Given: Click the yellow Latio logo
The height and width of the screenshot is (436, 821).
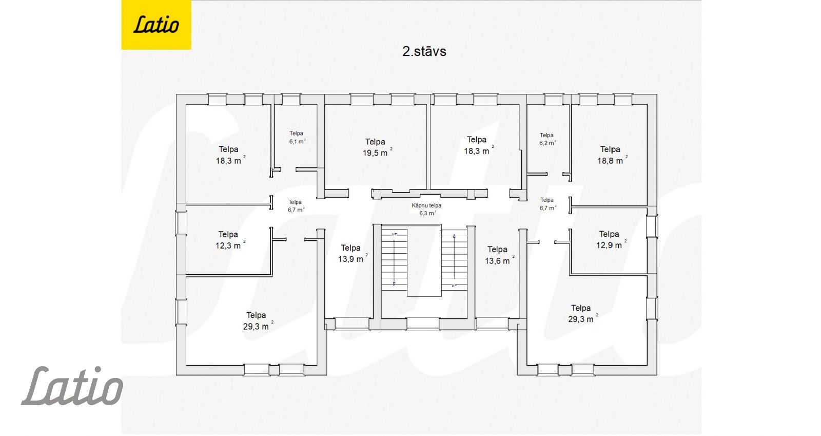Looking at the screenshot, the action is [156, 25].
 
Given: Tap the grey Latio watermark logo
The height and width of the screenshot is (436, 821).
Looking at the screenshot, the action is [72, 386].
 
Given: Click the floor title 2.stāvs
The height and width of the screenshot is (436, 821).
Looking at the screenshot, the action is [424, 51].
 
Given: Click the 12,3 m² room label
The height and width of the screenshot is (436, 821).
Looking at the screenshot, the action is [230, 240].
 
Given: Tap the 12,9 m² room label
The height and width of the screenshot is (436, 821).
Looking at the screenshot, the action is [611, 239].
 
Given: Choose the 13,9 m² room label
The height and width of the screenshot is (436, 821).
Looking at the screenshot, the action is [353, 253].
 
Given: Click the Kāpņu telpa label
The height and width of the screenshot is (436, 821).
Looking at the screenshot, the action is [426, 205].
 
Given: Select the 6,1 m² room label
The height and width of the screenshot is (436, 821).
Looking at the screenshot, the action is [297, 138].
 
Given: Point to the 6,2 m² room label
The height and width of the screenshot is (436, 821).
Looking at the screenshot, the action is [548, 139].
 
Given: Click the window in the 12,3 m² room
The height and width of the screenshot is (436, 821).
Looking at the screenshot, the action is [181, 222].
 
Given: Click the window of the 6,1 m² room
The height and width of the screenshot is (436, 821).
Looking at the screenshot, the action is [291, 100].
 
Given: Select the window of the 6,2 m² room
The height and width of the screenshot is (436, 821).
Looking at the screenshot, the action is [554, 100].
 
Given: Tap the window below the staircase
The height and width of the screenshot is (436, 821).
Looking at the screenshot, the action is [423, 324].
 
